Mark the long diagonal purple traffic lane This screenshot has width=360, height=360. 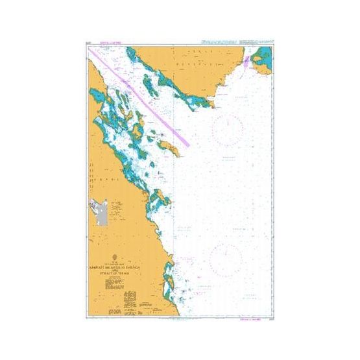(143, 97)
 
